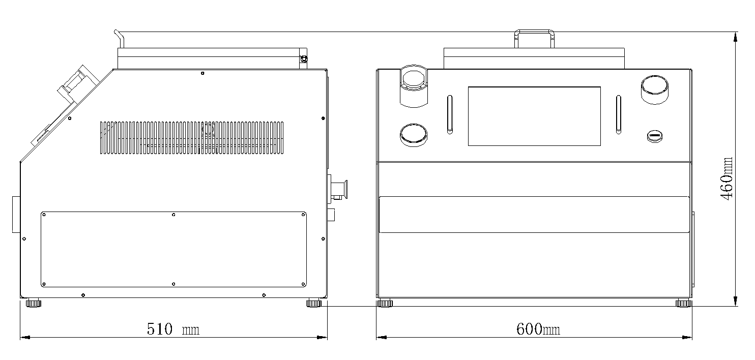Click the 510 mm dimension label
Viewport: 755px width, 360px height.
pos(173,329)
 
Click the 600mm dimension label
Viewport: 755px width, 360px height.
pos(538,329)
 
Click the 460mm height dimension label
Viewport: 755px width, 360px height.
pos(727,178)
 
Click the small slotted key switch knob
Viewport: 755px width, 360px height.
pos(655,136)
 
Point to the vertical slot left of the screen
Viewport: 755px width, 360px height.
pos(450,114)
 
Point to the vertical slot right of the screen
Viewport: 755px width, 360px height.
pos(619,114)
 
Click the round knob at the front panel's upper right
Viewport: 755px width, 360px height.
pos(655,89)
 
